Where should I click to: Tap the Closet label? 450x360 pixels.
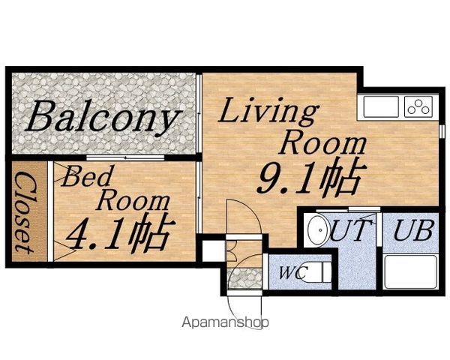click(25, 213)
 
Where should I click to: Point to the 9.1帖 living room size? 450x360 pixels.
click(309, 177)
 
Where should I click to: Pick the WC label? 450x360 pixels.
click(293, 273)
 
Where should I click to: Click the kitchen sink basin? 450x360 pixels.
click(381, 106)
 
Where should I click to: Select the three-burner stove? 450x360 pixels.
click(418, 106)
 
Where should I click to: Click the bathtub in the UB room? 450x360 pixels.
click(410, 272)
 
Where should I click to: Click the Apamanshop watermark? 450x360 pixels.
click(225, 322)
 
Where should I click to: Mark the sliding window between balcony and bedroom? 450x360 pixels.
click(125, 157)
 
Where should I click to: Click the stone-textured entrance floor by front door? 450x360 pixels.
click(244, 278)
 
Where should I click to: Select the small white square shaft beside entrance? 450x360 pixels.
click(214, 251)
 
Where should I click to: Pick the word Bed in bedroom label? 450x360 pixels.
click(86, 175)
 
